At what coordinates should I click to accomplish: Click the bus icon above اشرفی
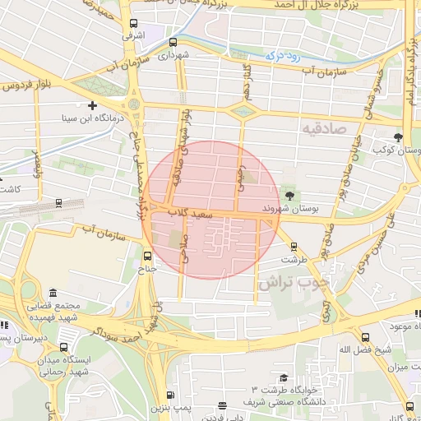(x=133, y=24)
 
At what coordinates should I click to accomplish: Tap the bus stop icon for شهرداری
(x=173, y=43)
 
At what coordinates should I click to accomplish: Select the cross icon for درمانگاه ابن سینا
(x=93, y=105)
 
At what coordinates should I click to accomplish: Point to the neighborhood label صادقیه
(x=326, y=129)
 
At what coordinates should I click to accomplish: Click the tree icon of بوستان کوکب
(x=399, y=137)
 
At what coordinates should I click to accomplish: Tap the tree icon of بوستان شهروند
(x=289, y=195)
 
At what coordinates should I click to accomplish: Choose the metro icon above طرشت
(x=294, y=246)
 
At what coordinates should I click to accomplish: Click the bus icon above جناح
(x=148, y=255)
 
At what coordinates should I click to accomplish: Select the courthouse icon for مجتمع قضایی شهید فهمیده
(x=53, y=294)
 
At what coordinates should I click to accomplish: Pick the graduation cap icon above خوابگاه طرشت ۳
(x=284, y=377)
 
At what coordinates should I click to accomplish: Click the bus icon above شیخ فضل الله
(x=366, y=337)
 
